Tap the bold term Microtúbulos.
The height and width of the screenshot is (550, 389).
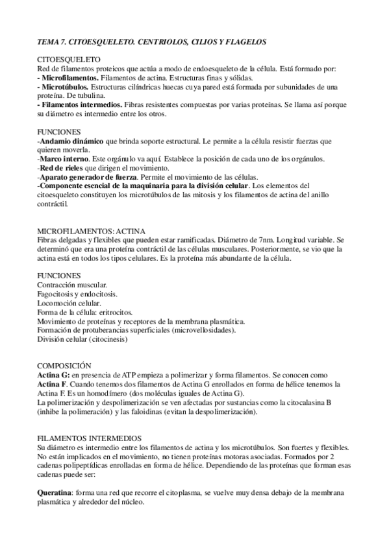pos(65,86)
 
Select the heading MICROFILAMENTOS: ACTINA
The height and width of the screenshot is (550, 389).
pos(91,231)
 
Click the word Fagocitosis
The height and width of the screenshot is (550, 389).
pos(56,294)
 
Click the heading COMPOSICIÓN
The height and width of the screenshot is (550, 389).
pos(64,366)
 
